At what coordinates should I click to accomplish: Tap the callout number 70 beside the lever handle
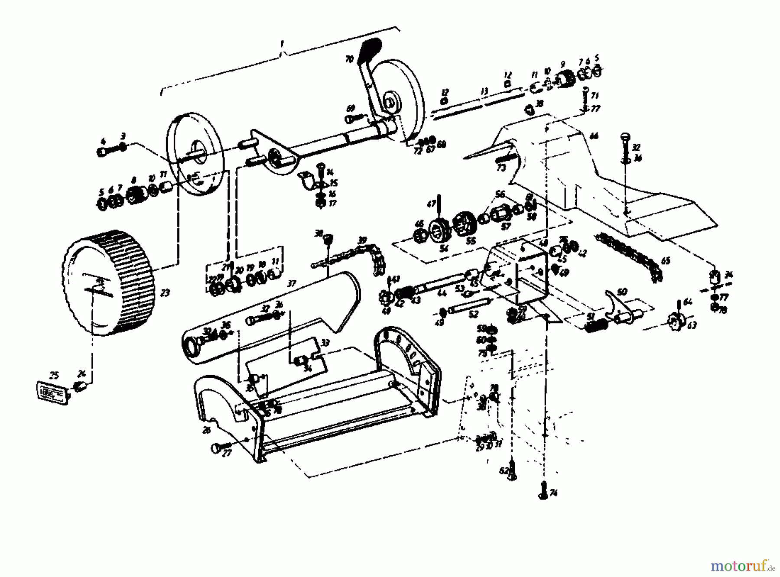point(349,59)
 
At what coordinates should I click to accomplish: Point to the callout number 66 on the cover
point(594,136)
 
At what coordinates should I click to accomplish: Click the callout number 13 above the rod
point(484,91)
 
